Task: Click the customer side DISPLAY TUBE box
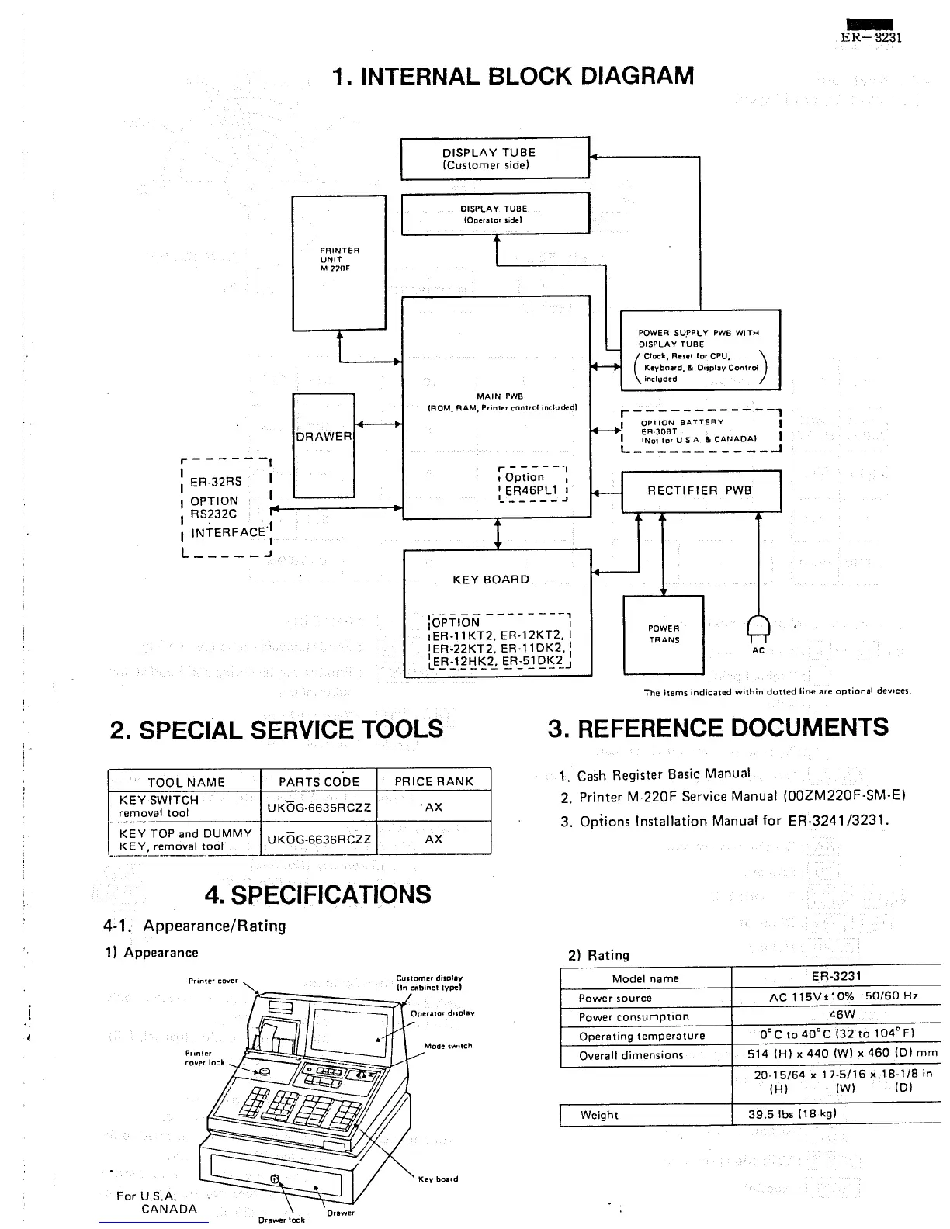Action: pyautogui.click(x=494, y=158)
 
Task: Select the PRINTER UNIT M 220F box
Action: pyautogui.click(x=339, y=261)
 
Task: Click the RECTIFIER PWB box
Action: pyautogui.click(x=701, y=490)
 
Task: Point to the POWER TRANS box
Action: pyautogui.click(x=664, y=635)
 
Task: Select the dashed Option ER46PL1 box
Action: pyautogui.click(x=533, y=484)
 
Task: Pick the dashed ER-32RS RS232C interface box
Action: pyautogui.click(x=226, y=507)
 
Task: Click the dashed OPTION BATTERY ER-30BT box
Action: pyautogui.click(x=700, y=431)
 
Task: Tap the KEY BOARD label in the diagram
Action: pyautogui.click(x=491, y=580)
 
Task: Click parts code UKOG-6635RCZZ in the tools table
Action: pyautogui.click(x=319, y=808)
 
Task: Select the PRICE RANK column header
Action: pyautogui.click(x=434, y=781)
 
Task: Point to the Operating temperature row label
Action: pyautogui.click(x=642, y=1036)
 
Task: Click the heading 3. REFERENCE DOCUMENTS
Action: pyautogui.click(x=718, y=728)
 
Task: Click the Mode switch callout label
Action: pyautogui.click(x=448, y=1046)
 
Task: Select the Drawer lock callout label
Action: pyautogui.click(x=282, y=1219)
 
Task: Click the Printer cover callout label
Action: pyautogui.click(x=213, y=981)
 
